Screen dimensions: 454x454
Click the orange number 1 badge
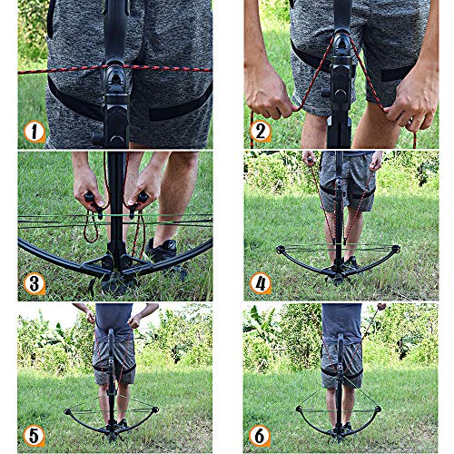coord(35,132)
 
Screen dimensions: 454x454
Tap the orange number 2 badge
coord(261,132)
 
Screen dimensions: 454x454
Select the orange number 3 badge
coord(35,282)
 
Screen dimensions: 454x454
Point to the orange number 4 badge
coord(261,282)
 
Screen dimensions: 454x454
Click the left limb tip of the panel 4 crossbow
coord(280,250)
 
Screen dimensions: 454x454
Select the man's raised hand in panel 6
coord(380,308)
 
